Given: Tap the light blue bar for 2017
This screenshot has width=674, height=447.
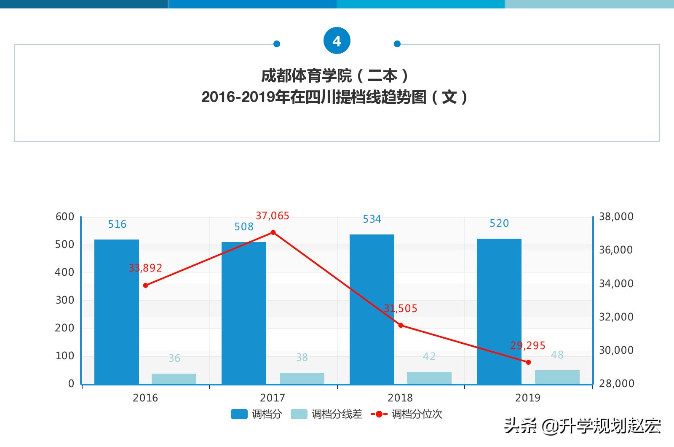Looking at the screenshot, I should point(302,378).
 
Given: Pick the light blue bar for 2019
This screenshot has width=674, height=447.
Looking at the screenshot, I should point(557,377).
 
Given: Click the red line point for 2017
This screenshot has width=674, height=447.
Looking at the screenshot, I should point(273,232).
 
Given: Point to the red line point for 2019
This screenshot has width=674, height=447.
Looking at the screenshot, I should point(528,362).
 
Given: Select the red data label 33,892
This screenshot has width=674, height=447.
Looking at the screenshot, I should point(145,268).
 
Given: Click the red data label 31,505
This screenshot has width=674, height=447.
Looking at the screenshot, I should point(401,309).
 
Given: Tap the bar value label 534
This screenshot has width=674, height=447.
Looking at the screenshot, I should point(372,219).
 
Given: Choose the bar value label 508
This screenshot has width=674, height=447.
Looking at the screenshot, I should point(244,227).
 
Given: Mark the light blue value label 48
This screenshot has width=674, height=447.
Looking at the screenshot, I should point(557,355).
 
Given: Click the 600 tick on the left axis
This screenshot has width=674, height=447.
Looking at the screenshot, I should point(65,217).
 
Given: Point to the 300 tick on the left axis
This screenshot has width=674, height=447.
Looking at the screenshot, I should point(65,300).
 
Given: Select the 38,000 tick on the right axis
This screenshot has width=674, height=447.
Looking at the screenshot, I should point(616,217).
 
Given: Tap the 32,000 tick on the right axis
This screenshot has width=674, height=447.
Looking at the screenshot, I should point(616,317).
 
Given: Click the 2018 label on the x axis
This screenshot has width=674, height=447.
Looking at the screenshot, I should point(400,398).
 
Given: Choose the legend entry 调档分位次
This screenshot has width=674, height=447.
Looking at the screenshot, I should point(407,414).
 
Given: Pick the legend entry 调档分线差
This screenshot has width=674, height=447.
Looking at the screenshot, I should point(327,414).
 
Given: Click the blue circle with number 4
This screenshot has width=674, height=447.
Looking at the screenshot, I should point(337,41).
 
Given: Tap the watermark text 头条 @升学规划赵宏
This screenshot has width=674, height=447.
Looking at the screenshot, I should point(582,426).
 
